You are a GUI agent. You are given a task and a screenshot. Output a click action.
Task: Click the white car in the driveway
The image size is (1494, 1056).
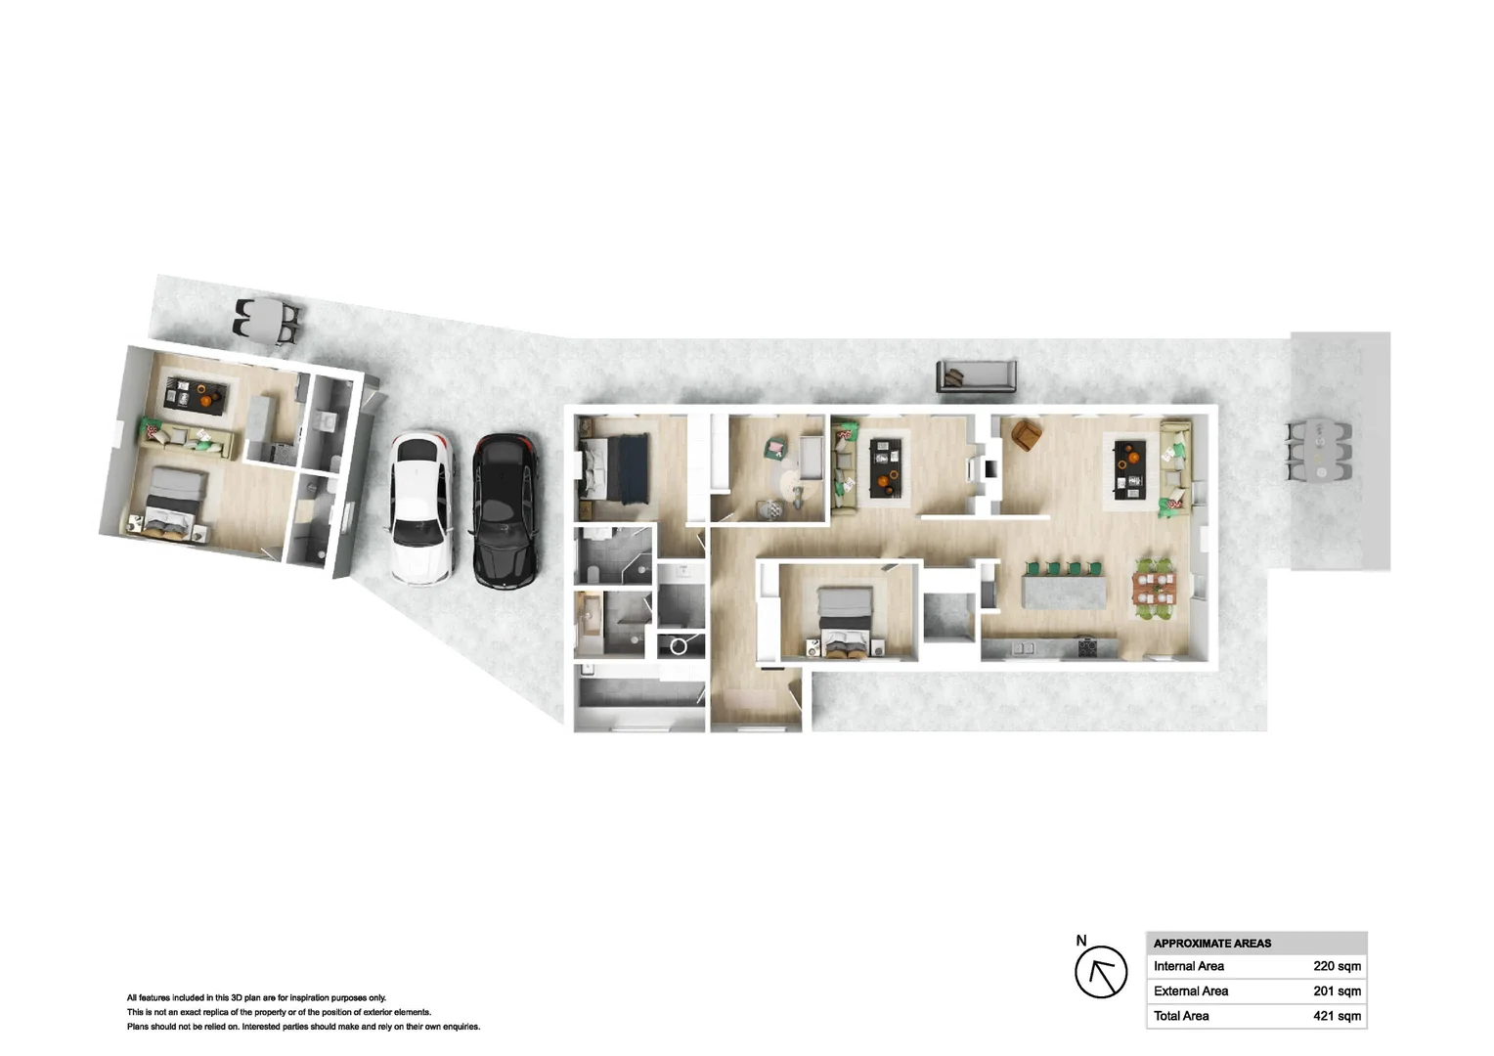pyautogui.click(x=421, y=508)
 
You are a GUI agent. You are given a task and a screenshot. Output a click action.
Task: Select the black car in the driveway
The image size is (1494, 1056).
pyautogui.click(x=505, y=508)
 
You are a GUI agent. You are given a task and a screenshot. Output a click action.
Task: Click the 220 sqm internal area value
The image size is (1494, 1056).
pyautogui.click(x=1337, y=966)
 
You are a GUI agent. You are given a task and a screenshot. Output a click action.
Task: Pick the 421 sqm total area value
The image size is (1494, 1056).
pyautogui.click(x=1337, y=1016)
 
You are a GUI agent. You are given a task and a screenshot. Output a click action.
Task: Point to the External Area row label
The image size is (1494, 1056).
pyautogui.click(x=1190, y=991)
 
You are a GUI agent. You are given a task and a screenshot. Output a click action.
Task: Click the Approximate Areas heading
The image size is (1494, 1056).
pyautogui.click(x=1212, y=944)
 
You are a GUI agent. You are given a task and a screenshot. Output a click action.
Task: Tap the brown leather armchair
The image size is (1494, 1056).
pyautogui.click(x=1026, y=435)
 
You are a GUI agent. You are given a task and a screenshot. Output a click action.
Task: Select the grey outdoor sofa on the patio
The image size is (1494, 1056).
pyautogui.click(x=976, y=375)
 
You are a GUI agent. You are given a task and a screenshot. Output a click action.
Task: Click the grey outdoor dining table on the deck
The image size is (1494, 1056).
pyautogui.click(x=1319, y=450)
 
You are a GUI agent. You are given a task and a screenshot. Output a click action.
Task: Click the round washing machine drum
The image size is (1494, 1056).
pyautogui.click(x=679, y=646)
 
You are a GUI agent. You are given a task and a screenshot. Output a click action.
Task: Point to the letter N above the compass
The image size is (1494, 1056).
pyautogui.click(x=1081, y=941)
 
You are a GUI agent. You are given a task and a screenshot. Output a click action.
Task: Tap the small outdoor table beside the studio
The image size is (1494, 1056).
pyautogui.click(x=267, y=319)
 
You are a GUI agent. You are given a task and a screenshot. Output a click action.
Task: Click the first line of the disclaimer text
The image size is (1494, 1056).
pyautogui.click(x=256, y=998)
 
